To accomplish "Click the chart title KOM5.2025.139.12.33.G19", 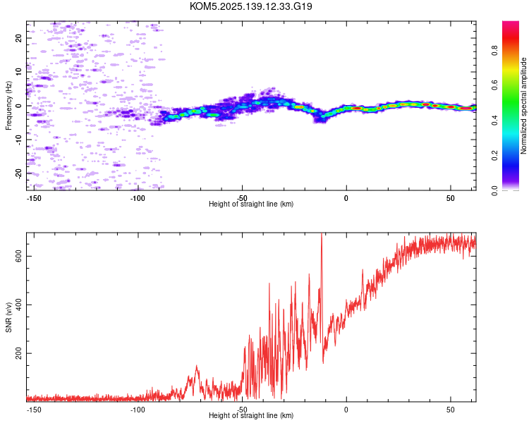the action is coord(250,6).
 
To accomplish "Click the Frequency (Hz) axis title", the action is coord(8,106).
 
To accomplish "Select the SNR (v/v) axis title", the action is coord(8,317).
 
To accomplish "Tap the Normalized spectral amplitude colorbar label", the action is coord(523,106).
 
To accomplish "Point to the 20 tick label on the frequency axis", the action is coord(18,38).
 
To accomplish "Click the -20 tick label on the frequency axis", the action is coord(18,173).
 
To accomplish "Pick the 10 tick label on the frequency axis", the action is coord(18,72).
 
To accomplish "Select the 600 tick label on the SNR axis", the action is coord(18,256).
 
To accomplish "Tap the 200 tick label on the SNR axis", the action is coord(18,353).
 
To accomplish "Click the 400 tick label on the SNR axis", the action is coord(18,305).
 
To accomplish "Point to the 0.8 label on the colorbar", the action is coord(495,50).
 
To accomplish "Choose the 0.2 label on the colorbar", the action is coord(495,155).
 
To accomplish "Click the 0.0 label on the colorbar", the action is coord(495,190).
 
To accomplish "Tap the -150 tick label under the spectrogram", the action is coord(34,198).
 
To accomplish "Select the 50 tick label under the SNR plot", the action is coord(451,410).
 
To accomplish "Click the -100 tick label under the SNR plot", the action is coord(138,410).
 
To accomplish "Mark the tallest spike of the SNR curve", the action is coord(322,234).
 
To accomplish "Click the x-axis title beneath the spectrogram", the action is coord(251,204).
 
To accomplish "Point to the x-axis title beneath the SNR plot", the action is coord(251,415).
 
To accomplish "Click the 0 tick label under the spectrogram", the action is coord(346,198).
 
